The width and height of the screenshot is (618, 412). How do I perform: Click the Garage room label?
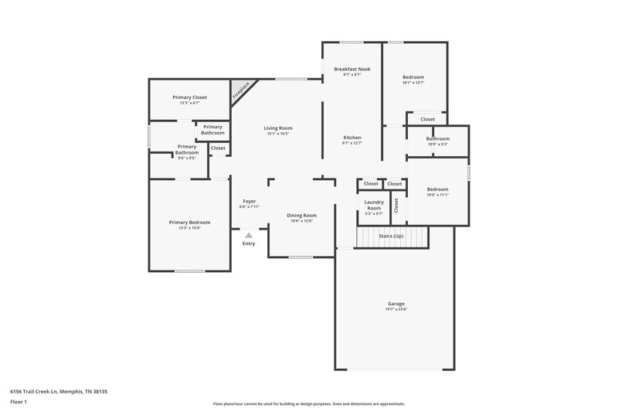click(x=396, y=304)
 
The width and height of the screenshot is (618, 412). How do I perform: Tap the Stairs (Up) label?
click(x=392, y=235)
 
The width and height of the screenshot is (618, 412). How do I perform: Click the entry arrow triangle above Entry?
click(x=248, y=235)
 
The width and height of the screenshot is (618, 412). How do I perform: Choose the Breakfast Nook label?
click(x=351, y=69)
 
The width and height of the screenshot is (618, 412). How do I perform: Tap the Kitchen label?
click(x=351, y=138)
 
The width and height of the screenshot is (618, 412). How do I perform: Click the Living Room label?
click(x=277, y=128)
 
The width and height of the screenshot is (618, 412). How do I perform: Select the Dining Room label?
click(x=301, y=215)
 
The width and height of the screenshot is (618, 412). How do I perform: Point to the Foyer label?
click(x=249, y=201)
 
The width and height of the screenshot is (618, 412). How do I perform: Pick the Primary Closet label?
click(x=189, y=97)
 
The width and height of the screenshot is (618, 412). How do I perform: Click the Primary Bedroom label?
click(x=189, y=222)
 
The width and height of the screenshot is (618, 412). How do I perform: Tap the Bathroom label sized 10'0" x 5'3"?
click(x=437, y=139)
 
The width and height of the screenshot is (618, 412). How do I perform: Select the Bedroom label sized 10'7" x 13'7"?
click(x=413, y=77)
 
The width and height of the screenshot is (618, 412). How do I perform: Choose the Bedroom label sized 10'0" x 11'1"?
click(x=437, y=189)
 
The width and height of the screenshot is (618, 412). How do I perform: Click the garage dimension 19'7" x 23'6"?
click(x=396, y=310)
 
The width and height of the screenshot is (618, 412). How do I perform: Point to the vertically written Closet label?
click(x=396, y=206)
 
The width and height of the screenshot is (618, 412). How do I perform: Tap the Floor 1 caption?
click(x=19, y=403)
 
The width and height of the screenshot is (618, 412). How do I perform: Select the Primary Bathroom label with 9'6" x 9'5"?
click(x=187, y=149)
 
